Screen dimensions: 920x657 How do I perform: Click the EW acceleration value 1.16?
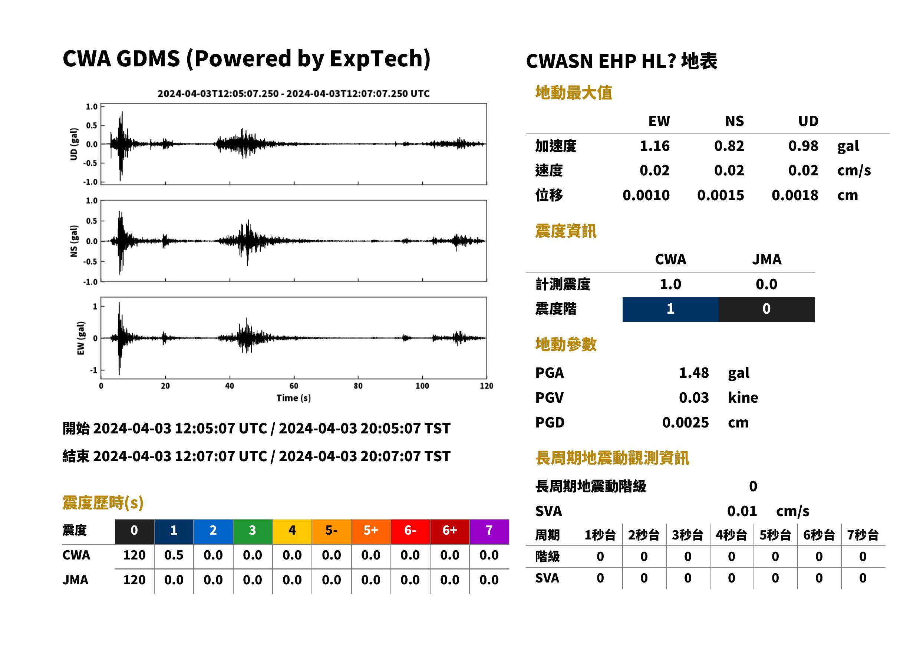[654, 146]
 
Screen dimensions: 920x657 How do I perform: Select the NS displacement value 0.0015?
[720, 195]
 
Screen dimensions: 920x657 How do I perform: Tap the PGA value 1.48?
[693, 373]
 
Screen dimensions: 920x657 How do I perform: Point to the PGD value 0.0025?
[685, 422]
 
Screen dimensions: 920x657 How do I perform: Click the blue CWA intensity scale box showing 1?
[670, 309]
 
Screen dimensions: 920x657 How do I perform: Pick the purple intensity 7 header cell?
[489, 530]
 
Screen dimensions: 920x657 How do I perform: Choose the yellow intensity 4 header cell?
[292, 530]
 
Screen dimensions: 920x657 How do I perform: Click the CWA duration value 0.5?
[174, 555]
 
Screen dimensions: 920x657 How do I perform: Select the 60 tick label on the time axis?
[294, 386]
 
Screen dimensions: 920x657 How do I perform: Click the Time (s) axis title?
[294, 398]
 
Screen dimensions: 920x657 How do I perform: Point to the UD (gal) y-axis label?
[74, 144]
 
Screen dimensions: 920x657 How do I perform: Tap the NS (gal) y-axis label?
[74, 241]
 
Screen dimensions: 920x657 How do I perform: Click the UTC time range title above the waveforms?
[293, 93]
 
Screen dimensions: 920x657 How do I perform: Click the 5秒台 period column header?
[775, 535]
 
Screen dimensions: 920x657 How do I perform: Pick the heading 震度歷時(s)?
[103, 503]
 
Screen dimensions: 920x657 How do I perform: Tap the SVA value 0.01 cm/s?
[768, 511]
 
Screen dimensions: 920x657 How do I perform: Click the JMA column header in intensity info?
[767, 259]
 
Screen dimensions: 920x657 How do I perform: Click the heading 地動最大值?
[574, 93]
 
